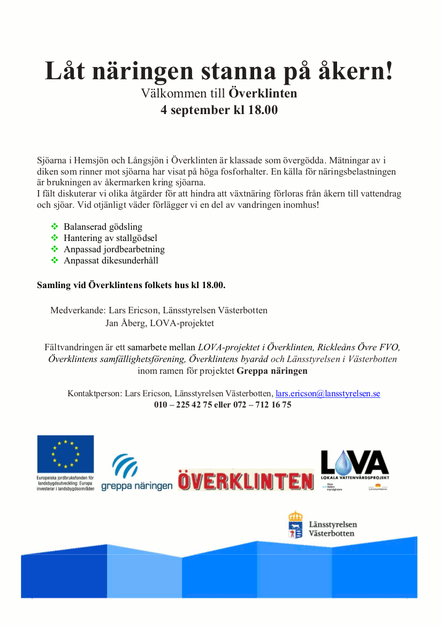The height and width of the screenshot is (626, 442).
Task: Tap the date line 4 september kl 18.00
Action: pos(219,110)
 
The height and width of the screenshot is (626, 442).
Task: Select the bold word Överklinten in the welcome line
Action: pos(263,94)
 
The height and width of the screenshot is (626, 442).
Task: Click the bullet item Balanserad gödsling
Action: pos(103,227)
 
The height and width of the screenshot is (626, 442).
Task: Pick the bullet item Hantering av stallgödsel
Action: pos(110,238)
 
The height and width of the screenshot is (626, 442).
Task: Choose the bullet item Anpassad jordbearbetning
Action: pos(114,249)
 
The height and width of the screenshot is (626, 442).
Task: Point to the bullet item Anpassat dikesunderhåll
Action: pos(111,260)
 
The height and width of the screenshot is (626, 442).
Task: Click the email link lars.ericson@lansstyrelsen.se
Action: pos(327,394)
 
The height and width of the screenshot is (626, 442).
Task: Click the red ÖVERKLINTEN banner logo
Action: pos(246,480)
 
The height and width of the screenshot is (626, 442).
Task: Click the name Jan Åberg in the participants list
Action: pos(126,323)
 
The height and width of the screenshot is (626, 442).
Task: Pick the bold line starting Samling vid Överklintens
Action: pos(131,285)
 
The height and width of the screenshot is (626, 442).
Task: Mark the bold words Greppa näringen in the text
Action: pos(272,371)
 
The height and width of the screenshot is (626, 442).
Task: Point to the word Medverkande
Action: pos(78,310)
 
